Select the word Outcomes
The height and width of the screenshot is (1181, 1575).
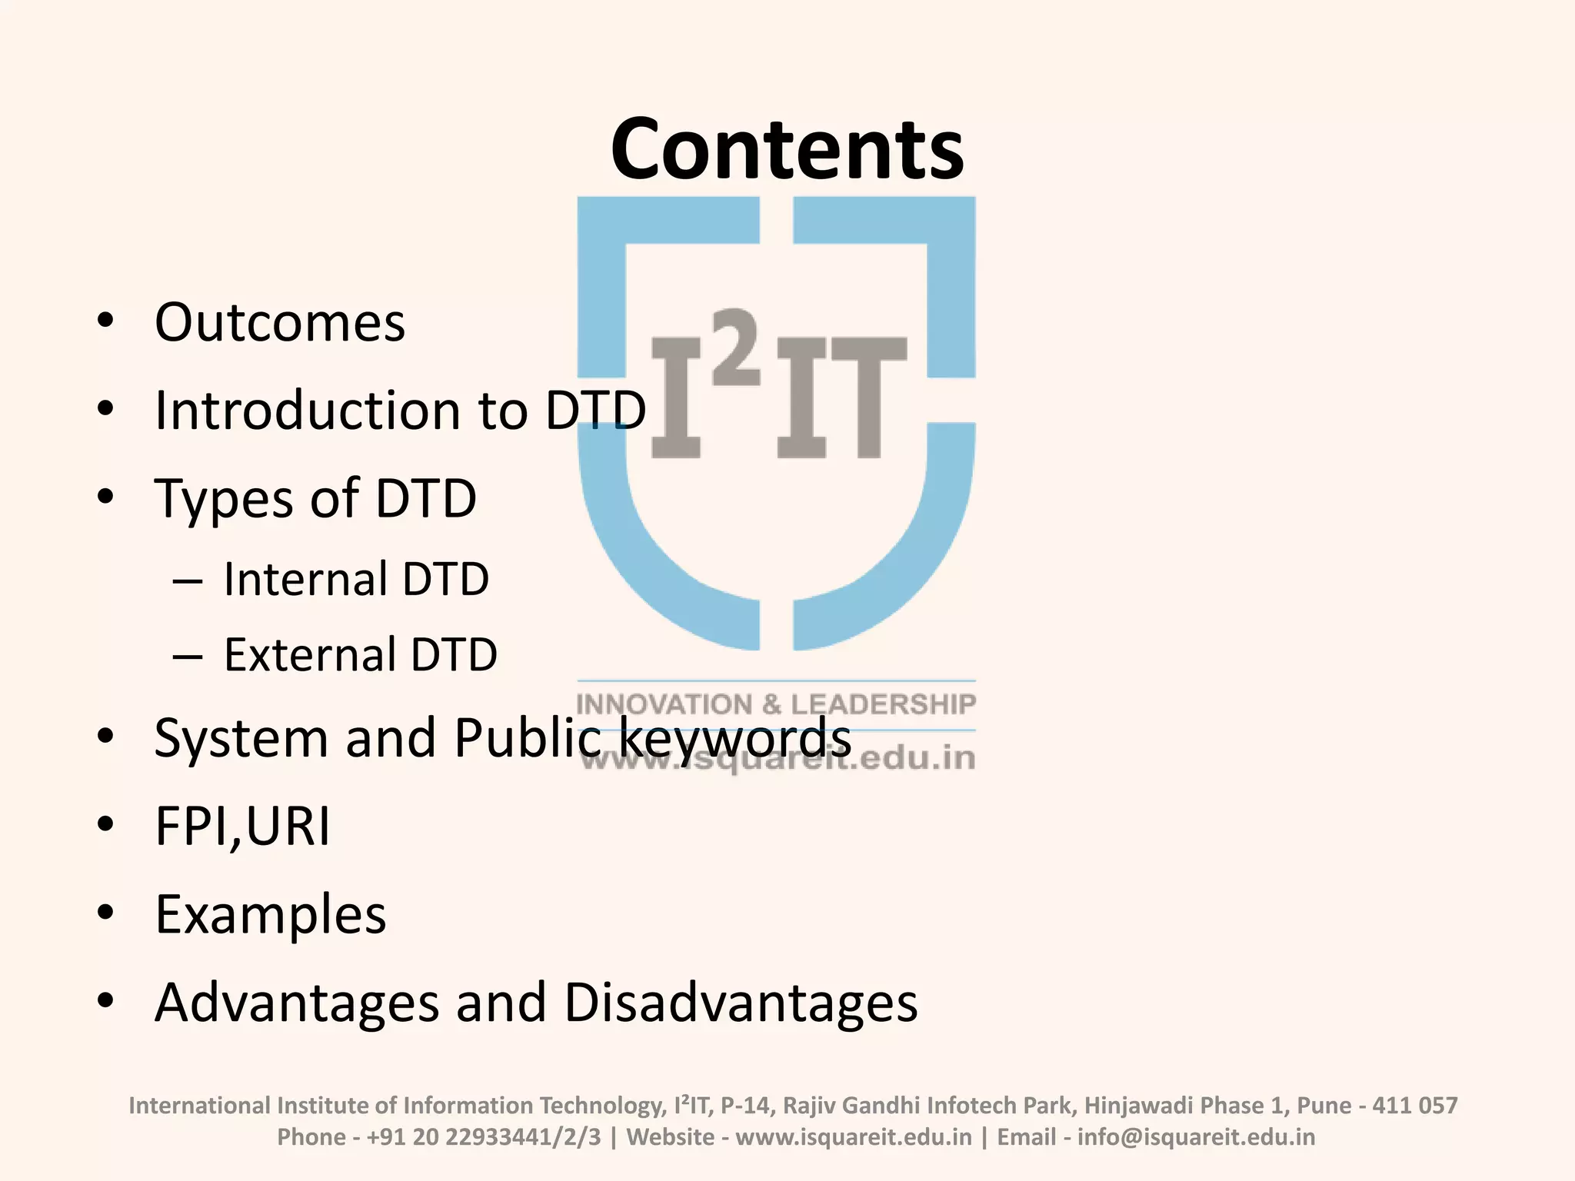coord(280,322)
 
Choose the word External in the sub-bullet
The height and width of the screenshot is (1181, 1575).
coord(309,655)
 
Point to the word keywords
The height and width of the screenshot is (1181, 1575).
coord(734,738)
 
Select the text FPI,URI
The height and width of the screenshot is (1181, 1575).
coord(242,827)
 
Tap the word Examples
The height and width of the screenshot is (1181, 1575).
coord(271,915)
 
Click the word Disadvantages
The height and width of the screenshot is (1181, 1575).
coord(741,1003)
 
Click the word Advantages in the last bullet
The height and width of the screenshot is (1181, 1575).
coord(297,1003)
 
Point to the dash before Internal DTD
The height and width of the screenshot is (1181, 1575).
coord(188,581)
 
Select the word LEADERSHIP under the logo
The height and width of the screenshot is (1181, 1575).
coord(884,704)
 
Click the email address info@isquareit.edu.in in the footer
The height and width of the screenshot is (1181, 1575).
coord(1196,1136)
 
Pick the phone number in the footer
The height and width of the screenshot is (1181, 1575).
coord(484,1136)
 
